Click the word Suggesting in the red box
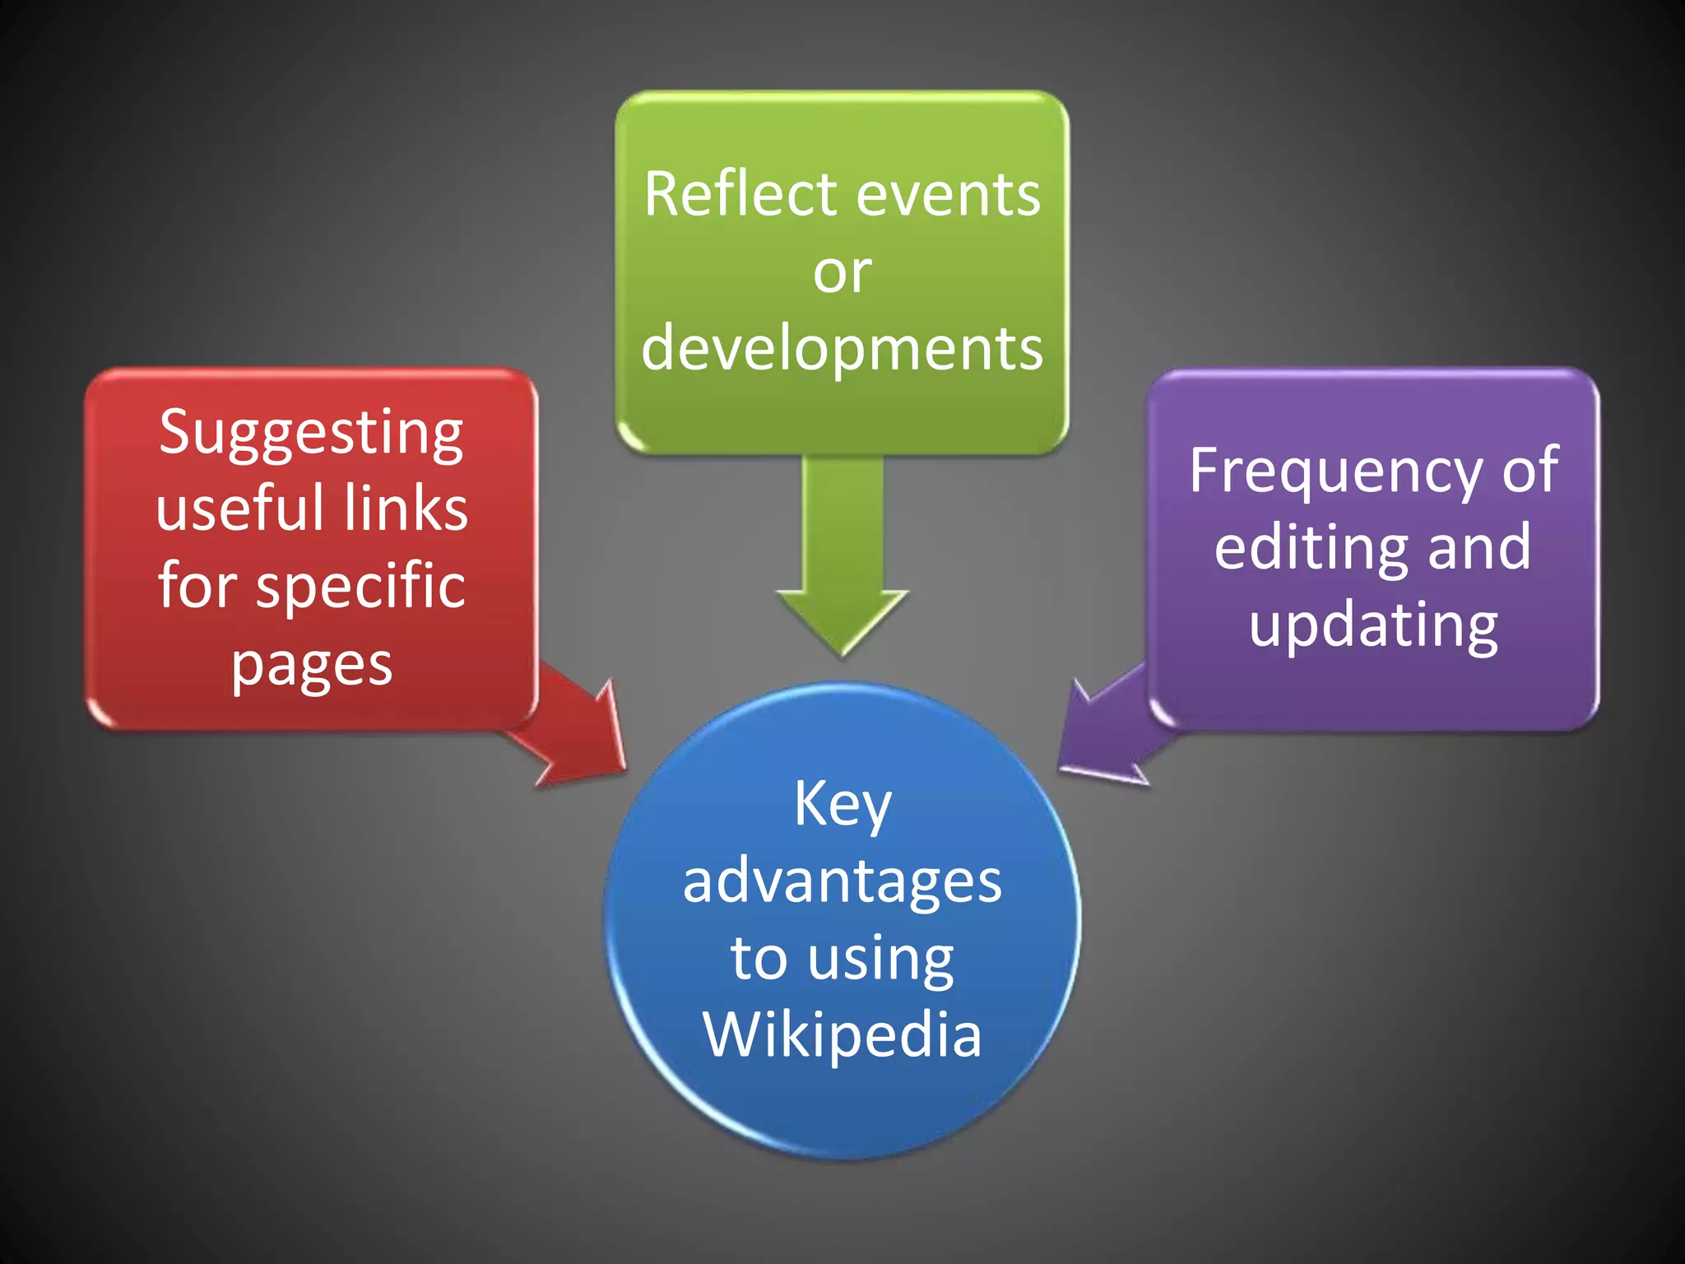click(311, 434)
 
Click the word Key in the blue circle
click(842, 806)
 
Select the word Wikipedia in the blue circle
click(842, 1034)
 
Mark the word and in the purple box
click(1478, 547)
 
